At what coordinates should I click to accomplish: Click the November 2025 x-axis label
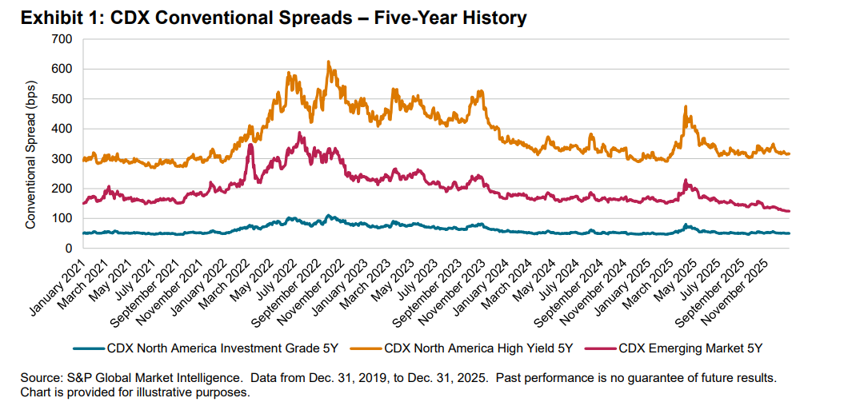pyautogui.click(x=756, y=283)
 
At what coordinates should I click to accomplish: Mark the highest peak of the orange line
pyautogui.click(x=328, y=62)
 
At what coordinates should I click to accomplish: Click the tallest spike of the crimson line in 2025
pyautogui.click(x=686, y=181)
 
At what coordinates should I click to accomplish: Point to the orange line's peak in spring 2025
pyautogui.click(x=686, y=106)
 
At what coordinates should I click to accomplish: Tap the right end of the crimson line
pyautogui.click(x=790, y=211)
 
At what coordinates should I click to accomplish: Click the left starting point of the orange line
pyautogui.click(x=82, y=159)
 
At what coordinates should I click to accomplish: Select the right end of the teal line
pyautogui.click(x=790, y=233)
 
